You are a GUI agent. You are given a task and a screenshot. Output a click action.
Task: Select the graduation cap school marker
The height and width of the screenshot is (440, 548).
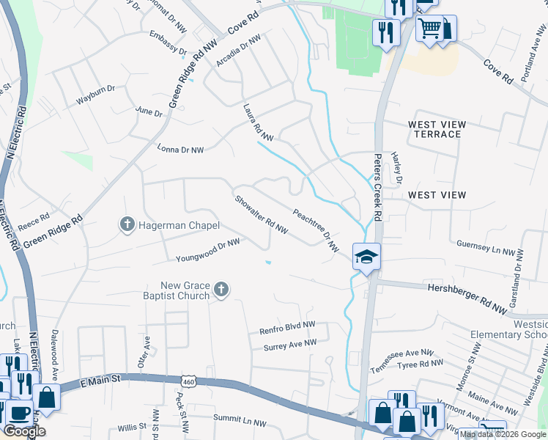click(x=366, y=257)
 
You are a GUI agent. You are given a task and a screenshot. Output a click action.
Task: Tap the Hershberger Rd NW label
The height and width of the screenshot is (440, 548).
click(x=467, y=296)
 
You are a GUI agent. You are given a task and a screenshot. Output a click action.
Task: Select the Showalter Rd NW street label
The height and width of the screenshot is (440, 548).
click(x=261, y=214)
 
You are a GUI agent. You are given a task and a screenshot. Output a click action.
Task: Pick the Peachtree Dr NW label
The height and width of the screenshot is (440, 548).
click(x=316, y=230)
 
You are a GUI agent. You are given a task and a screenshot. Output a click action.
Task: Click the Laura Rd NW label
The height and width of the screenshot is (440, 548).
click(x=258, y=122)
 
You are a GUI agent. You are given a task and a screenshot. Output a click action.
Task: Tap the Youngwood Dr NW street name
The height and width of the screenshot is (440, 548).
click(x=208, y=250)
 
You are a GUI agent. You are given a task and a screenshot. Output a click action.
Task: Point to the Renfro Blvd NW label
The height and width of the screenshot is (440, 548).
click(x=287, y=327)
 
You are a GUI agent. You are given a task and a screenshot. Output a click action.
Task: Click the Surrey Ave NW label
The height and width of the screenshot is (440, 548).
click(x=290, y=342)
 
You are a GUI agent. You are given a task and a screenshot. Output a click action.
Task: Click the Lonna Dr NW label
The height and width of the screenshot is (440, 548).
click(x=180, y=149)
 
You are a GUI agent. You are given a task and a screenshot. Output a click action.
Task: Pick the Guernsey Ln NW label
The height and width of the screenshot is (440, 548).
click(x=486, y=248)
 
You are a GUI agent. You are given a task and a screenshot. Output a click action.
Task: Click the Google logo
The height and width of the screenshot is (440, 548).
click(x=24, y=431)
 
